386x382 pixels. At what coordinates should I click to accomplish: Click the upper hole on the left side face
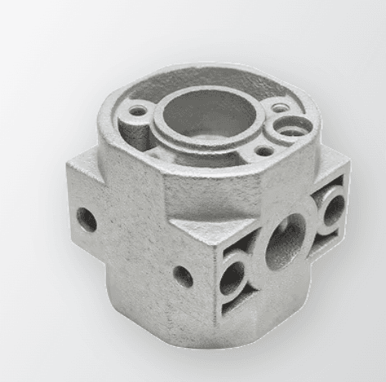pyautogui.click(x=86, y=218)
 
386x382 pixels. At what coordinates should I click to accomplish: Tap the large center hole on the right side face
pyautogui.click(x=285, y=241)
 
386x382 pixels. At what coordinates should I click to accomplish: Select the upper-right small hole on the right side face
pyautogui.click(x=333, y=208)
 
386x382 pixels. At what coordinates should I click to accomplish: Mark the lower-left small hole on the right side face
pyautogui.click(x=234, y=274)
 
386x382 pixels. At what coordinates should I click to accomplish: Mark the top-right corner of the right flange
pyautogui.click(x=349, y=160)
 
